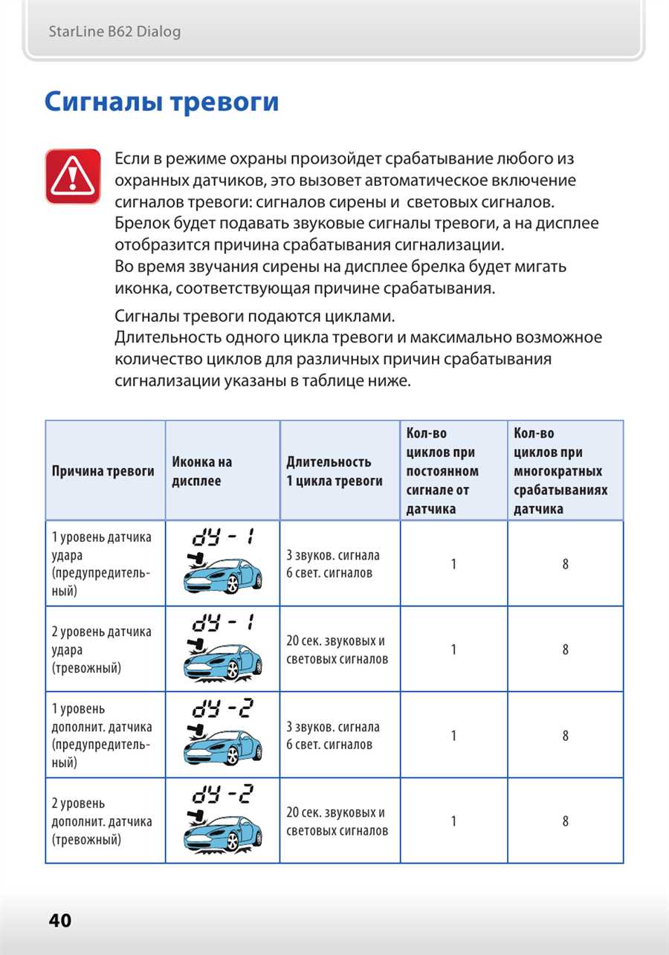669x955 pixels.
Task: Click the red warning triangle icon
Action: [72, 176]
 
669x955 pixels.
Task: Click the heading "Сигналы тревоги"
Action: [161, 101]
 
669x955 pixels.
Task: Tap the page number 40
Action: [60, 920]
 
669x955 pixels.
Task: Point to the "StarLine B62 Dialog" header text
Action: [114, 32]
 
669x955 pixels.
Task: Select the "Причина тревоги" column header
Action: [103, 471]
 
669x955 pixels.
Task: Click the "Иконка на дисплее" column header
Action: [202, 471]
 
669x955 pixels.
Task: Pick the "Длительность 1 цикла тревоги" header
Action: [334, 471]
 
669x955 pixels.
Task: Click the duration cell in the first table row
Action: [333, 564]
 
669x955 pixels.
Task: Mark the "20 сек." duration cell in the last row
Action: [337, 821]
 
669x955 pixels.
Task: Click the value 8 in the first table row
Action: [566, 564]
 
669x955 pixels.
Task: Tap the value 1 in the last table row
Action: [453, 821]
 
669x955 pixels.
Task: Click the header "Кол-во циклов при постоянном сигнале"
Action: [442, 471]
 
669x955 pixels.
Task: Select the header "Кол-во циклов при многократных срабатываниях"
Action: [560, 471]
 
